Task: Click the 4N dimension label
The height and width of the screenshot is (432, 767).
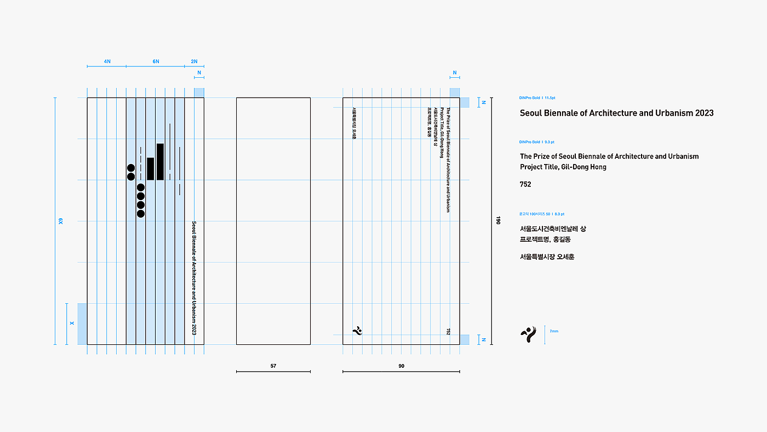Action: [107, 61]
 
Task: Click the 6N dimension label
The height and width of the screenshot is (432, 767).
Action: [156, 61]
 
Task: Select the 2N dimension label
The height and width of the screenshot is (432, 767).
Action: [194, 61]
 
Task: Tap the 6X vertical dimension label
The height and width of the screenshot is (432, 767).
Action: [61, 221]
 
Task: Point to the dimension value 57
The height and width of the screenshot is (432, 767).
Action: [273, 366]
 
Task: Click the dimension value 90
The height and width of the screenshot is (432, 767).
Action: [401, 366]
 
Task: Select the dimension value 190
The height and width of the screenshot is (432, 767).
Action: [498, 220]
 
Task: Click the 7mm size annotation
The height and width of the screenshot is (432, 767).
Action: [554, 331]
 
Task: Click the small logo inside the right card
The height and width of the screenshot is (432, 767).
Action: [357, 330]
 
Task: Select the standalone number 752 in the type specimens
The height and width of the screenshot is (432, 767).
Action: [525, 184]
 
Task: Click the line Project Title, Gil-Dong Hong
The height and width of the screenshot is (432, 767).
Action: [563, 167]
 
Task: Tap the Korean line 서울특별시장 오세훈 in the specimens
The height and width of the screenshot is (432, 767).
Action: [547, 257]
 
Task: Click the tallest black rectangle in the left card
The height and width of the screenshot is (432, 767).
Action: [160, 162]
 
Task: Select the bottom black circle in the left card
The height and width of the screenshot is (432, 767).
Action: [141, 214]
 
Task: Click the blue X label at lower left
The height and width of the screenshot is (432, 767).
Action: [72, 324]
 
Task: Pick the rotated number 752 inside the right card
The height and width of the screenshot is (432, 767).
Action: [448, 331]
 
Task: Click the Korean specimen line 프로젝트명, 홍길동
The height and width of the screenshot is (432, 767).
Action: [545, 240]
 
